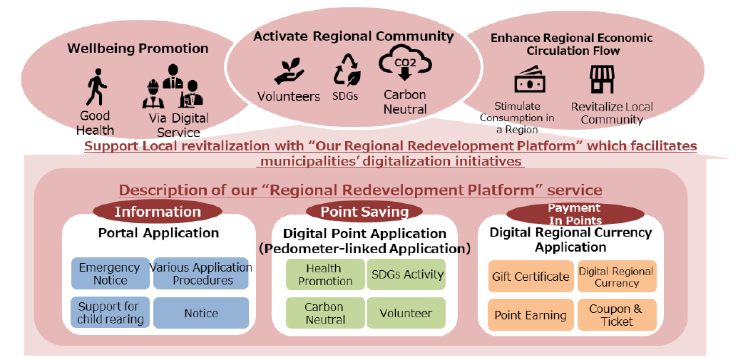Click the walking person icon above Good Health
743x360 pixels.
(x=96, y=87)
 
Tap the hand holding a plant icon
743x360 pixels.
(x=289, y=72)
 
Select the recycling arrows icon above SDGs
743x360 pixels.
(x=347, y=70)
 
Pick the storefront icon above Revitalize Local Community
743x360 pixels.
(x=602, y=79)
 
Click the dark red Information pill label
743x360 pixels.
(x=158, y=212)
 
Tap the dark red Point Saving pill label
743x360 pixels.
(x=364, y=212)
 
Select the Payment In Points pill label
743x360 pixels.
(x=575, y=214)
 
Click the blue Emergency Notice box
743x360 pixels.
(x=111, y=273)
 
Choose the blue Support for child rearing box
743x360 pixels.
(x=111, y=313)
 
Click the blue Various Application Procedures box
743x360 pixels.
(x=201, y=273)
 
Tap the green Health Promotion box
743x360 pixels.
(x=325, y=274)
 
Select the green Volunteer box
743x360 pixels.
(x=406, y=313)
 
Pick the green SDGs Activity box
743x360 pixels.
(x=406, y=274)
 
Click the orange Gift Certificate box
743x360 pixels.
(x=531, y=276)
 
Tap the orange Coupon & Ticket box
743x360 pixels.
(x=617, y=315)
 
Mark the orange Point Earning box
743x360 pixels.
(x=531, y=315)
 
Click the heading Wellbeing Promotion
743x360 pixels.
(x=138, y=48)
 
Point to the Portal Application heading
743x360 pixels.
(x=159, y=233)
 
